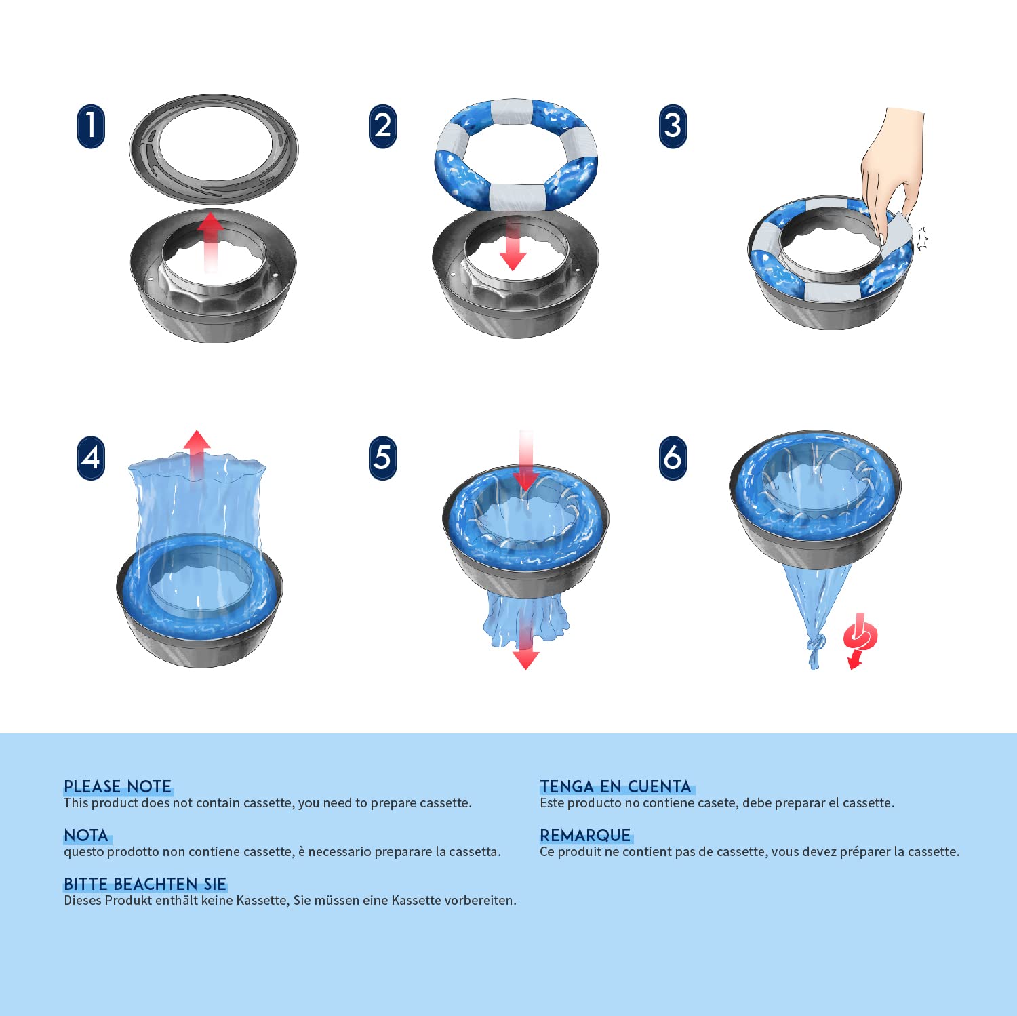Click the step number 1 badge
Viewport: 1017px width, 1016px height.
click(91, 126)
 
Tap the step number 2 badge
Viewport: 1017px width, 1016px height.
click(383, 126)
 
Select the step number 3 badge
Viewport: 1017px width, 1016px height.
click(673, 126)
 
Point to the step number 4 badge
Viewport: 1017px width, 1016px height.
click(91, 458)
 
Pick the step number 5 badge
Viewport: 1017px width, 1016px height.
click(383, 458)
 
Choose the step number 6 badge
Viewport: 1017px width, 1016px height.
click(673, 458)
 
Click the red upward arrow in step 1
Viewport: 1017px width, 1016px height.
click(210, 242)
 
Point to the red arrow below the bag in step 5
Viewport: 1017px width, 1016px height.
click(525, 647)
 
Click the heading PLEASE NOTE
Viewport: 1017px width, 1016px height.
click(118, 786)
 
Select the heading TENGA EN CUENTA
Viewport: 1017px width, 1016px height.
click(616, 786)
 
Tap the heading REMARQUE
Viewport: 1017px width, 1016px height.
click(585, 835)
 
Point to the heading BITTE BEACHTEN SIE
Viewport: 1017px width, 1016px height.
click(145, 884)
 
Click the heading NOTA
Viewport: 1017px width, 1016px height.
click(86, 835)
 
